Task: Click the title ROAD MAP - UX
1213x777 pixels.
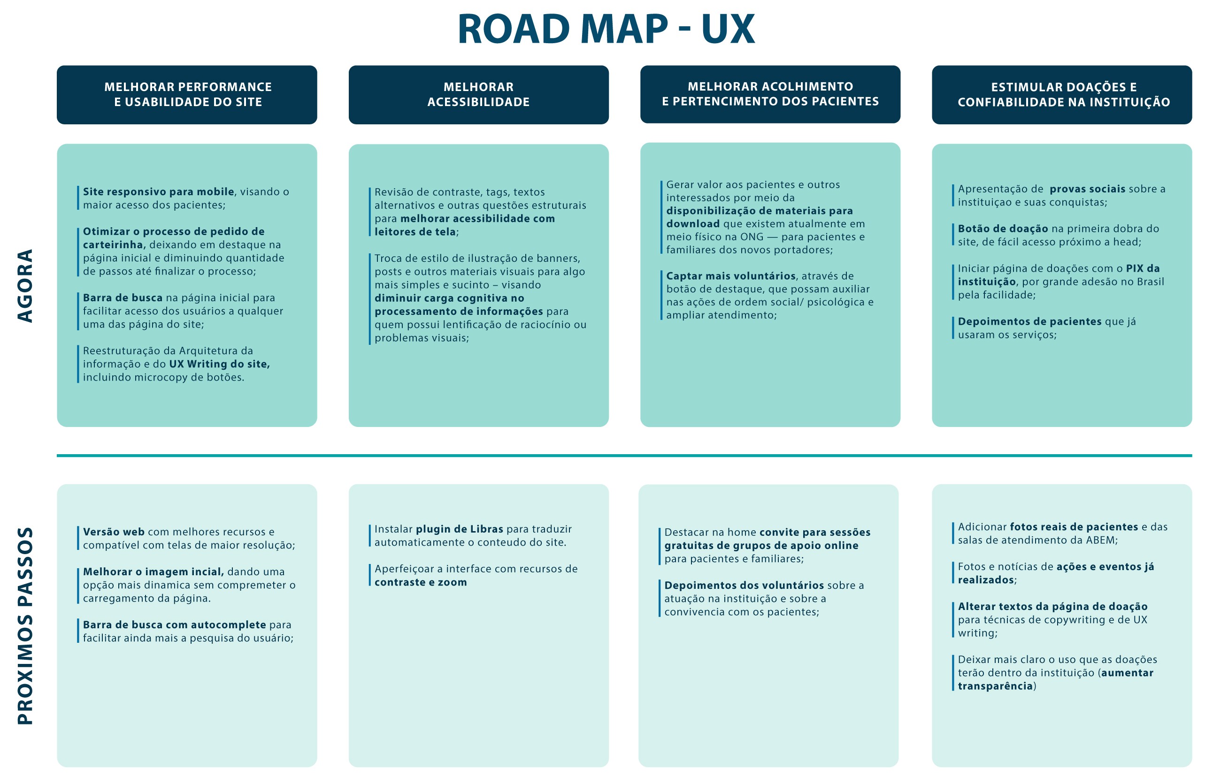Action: pyautogui.click(x=606, y=29)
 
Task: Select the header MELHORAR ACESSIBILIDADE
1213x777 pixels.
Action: pyautogui.click(x=478, y=94)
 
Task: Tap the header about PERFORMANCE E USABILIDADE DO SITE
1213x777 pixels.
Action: pyautogui.click(x=188, y=94)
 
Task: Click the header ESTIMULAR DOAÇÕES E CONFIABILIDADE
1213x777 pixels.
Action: pyautogui.click(x=1064, y=94)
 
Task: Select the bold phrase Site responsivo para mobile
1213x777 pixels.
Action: pyautogui.click(x=159, y=192)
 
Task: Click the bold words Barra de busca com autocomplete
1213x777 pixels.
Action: pyautogui.click(x=174, y=625)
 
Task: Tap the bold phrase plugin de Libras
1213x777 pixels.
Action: pyautogui.click(x=460, y=529)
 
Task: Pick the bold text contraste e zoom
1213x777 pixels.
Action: pyautogui.click(x=421, y=582)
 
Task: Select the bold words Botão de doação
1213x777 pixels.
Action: pyautogui.click(x=1003, y=229)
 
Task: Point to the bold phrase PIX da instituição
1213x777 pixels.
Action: pyautogui.click(x=1059, y=275)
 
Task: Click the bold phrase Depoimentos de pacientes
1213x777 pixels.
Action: pyautogui.click(x=1030, y=321)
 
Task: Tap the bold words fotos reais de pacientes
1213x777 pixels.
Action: pyautogui.click(x=1074, y=527)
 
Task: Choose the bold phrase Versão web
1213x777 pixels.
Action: pyautogui.click(x=114, y=532)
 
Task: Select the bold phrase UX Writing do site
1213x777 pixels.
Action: pyautogui.click(x=220, y=364)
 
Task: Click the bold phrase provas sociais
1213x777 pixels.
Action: pyautogui.click(x=1087, y=189)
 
